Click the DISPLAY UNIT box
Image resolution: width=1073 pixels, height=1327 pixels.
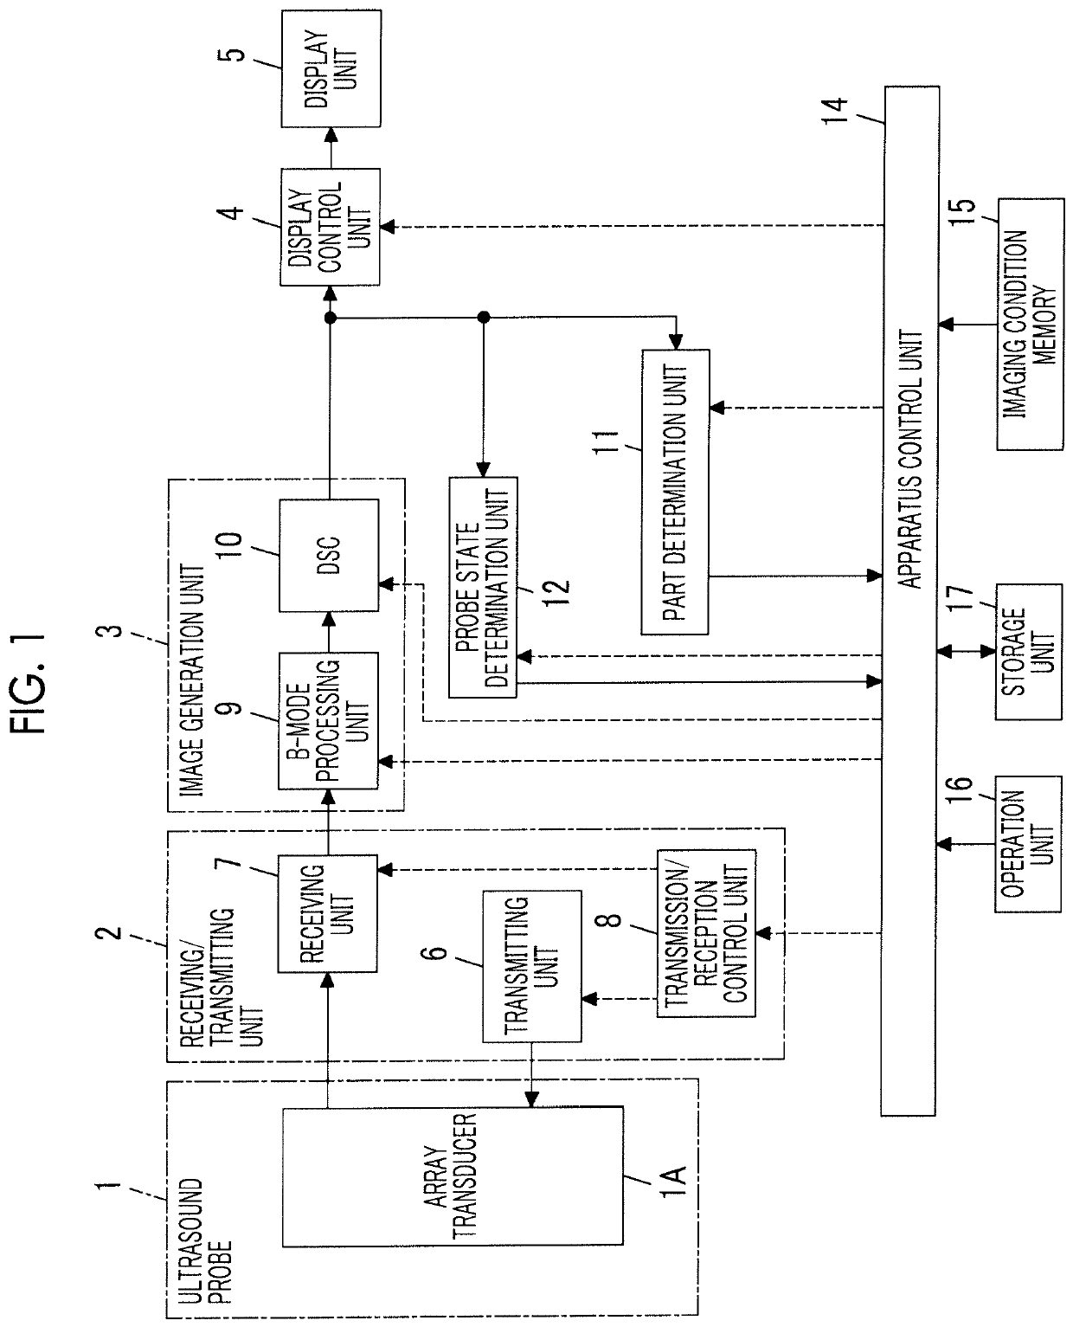(331, 68)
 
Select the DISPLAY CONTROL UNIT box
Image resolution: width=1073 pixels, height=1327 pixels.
(330, 227)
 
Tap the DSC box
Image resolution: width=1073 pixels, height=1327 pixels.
(329, 555)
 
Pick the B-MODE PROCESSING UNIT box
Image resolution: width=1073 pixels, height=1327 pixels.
(328, 721)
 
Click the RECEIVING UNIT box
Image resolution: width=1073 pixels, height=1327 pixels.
(328, 913)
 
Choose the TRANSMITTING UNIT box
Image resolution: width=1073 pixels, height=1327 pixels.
(532, 966)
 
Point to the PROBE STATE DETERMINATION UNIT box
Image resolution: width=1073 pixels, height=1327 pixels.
(483, 588)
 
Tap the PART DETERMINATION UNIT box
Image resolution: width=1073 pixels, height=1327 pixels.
(676, 493)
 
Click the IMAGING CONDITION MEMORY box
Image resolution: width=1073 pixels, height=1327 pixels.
(1031, 324)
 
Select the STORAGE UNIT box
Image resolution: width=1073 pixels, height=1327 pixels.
(1029, 652)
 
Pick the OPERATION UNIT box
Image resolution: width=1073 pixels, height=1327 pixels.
(1028, 844)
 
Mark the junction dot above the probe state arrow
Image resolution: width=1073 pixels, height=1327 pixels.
(483, 318)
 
